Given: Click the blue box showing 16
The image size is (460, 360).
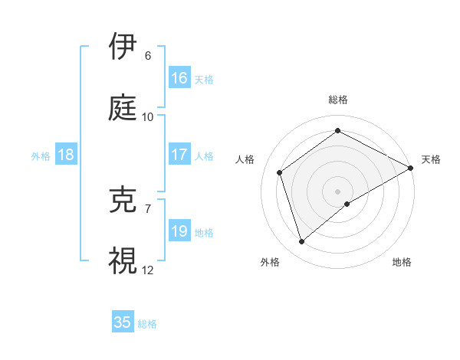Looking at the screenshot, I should point(179,78).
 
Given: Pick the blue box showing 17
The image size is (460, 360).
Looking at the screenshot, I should point(179,155).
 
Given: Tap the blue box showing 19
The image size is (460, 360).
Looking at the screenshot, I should point(179,231).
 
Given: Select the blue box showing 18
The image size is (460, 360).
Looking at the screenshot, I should point(66,155).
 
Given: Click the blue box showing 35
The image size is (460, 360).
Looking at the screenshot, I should point(123,322).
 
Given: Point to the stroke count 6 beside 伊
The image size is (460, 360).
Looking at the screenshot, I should point(148,56).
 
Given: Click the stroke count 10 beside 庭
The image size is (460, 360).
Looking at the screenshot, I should point(148,117).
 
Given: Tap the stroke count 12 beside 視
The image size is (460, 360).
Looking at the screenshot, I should point(148,270).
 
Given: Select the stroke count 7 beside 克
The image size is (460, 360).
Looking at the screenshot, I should point(148,209).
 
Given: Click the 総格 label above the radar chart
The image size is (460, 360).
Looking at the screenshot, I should point(338,100).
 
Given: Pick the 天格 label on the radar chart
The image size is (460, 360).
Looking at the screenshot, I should point(431,159).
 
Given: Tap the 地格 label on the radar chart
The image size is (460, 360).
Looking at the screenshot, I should point(402,262).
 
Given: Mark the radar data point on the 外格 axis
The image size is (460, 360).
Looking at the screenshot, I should point(301,242).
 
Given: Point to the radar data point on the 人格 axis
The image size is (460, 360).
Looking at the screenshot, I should point(280,172).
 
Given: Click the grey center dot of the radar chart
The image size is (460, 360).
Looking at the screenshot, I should point(338,191).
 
